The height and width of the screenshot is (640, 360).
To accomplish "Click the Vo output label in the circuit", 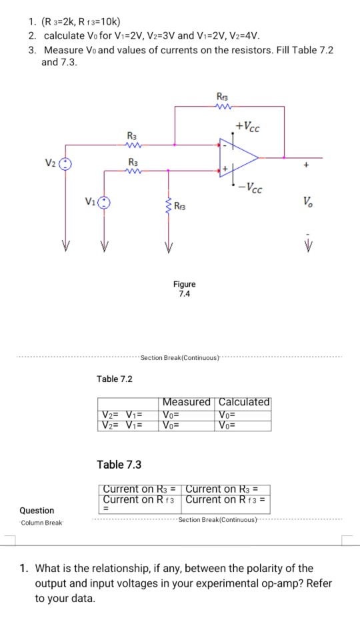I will click(x=307, y=201).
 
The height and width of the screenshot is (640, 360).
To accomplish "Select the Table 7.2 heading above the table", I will click(x=115, y=379).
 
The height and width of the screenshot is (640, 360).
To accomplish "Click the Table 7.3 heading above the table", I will click(x=119, y=464).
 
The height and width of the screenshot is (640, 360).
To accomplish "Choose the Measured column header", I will click(x=187, y=402).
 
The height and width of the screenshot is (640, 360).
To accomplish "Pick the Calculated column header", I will click(x=244, y=402).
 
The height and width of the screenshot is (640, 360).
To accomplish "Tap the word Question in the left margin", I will click(x=37, y=511).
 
